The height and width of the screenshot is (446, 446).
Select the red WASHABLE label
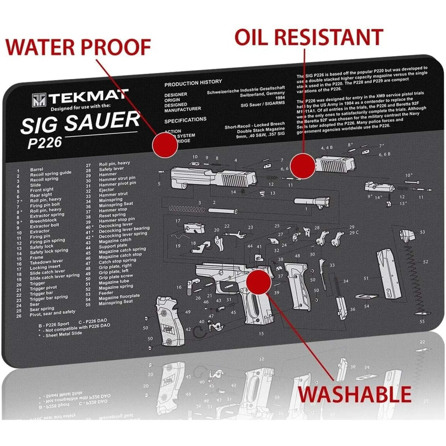click(x=355, y=394)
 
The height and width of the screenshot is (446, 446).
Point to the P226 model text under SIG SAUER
click(x=45, y=142)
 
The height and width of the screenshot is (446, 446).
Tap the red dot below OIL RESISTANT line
click(x=303, y=166)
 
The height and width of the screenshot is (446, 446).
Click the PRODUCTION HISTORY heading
click(x=193, y=83)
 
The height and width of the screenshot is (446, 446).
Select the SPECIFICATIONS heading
click(x=185, y=120)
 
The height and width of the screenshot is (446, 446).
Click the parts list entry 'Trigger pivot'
click(x=43, y=288)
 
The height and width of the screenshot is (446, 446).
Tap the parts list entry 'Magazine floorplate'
click(x=119, y=297)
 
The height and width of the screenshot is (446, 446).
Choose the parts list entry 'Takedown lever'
click(x=46, y=262)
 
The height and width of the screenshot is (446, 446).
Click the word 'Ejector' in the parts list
click(x=107, y=190)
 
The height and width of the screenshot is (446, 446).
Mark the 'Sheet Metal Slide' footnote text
click(x=64, y=334)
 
